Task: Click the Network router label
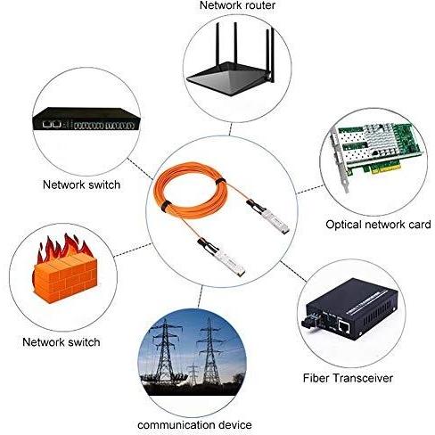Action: pyautogui.click(x=237, y=5)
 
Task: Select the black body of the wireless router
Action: pyautogui.click(x=229, y=78)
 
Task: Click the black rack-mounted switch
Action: pyautogui.click(x=86, y=119)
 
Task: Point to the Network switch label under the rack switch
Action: pyautogui.click(x=81, y=185)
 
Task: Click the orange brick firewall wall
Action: pyautogui.click(x=66, y=278)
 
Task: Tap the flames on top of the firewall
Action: pyautogui.click(x=64, y=248)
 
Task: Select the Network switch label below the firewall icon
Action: pyautogui.click(x=62, y=342)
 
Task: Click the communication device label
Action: pyautogui.click(x=194, y=425)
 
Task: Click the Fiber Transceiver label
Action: pyautogui.click(x=348, y=378)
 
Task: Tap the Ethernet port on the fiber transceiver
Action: pyautogui.click(x=344, y=327)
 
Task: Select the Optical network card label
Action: pyautogui.click(x=378, y=225)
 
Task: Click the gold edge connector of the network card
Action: pyautogui.click(x=387, y=170)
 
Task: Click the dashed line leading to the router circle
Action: pyautogui.click(x=230, y=128)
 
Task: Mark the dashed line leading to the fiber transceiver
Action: pyautogui.click(x=293, y=271)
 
